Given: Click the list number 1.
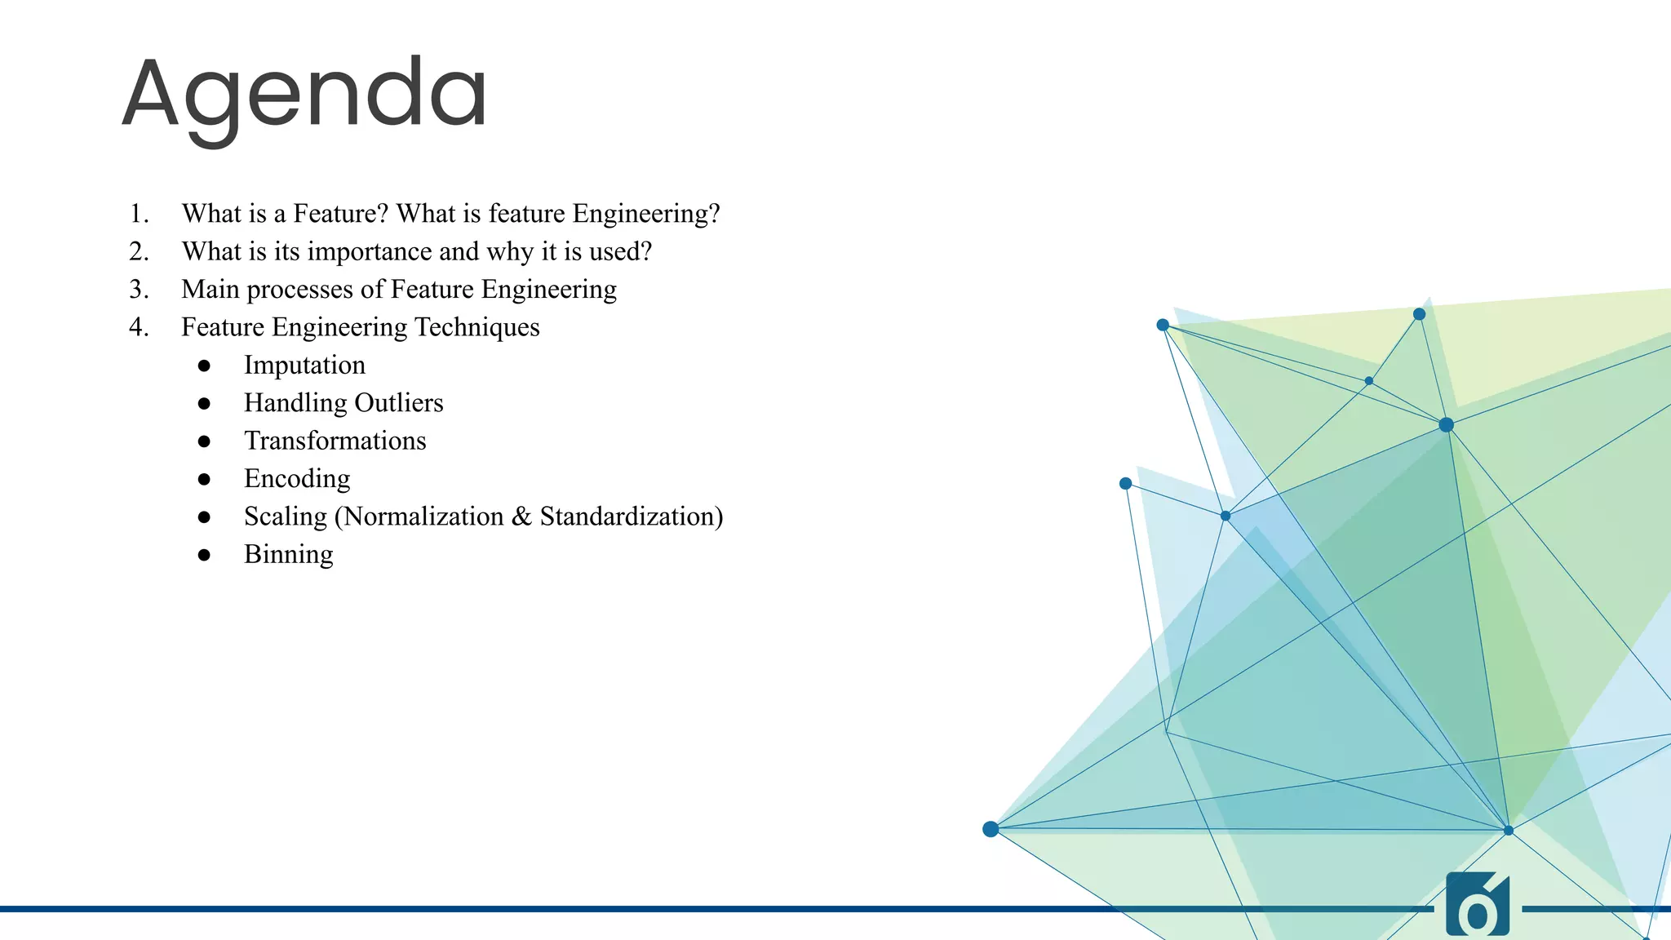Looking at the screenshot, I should tap(138, 214).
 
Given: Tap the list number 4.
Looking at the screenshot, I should tap(139, 327).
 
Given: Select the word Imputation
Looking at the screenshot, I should tap(304, 365).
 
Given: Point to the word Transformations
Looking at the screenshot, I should tap(335, 441).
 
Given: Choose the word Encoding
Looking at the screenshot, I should tap(297, 478).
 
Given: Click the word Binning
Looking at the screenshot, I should tap(288, 554).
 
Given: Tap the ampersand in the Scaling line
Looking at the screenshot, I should tap(521, 517).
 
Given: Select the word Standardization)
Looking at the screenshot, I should tap(631, 517).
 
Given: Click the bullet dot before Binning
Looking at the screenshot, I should tap(204, 555).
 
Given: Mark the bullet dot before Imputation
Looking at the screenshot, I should tap(204, 366).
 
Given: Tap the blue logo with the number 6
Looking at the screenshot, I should tap(1477, 906).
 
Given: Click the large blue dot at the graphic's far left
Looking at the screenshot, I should tap(991, 829).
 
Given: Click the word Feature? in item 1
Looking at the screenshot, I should tap(340, 214).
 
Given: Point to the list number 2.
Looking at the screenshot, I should tap(139, 251).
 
